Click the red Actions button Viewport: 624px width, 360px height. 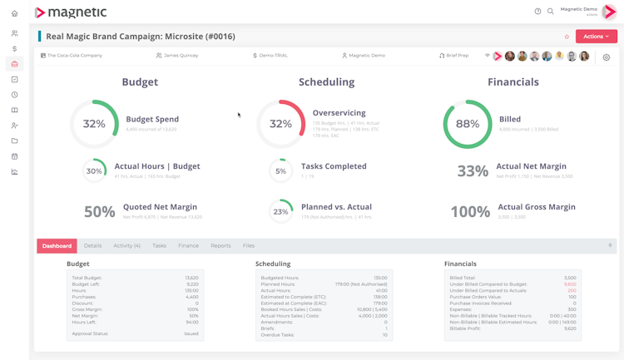[x=596, y=37]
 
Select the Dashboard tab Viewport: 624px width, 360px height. [x=57, y=246]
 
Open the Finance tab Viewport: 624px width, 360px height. [x=188, y=246]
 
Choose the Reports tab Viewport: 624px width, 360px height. [x=220, y=246]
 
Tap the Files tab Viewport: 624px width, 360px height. [x=249, y=246]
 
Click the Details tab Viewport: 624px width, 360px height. [x=92, y=246]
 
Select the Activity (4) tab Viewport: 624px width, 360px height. [x=126, y=246]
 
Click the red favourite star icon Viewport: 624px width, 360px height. [x=567, y=37]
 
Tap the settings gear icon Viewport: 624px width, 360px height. [x=607, y=57]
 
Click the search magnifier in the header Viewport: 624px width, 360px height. [x=551, y=12]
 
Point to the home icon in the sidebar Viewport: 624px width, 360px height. [x=14, y=13]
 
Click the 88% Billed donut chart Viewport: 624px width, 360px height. [x=468, y=124]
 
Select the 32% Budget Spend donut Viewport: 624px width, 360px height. [x=94, y=124]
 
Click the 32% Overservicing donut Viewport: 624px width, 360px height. [x=280, y=124]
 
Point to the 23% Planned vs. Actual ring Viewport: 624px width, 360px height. [x=280, y=211]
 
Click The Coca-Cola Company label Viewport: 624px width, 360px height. [x=74, y=56]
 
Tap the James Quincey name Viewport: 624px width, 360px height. [x=181, y=56]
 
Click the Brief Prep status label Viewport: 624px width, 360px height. [x=457, y=56]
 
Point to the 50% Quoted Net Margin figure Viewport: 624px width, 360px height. [x=100, y=212]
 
